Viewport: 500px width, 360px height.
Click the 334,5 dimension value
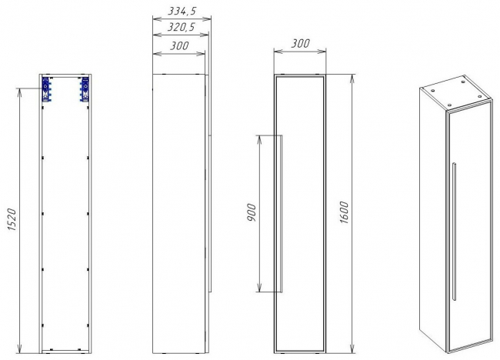click(182, 12)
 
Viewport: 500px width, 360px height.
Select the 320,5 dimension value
click(181, 27)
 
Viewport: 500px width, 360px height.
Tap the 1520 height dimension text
click(12, 220)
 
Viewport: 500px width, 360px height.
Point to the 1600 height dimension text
click(344, 212)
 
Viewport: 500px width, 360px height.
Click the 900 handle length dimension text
click(252, 212)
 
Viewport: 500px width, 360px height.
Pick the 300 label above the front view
click(300, 43)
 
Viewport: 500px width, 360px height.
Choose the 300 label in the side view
click(179, 46)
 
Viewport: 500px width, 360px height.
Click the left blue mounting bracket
click(47, 89)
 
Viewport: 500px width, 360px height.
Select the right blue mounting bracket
click(85, 89)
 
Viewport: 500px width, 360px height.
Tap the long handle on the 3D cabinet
click(454, 232)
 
